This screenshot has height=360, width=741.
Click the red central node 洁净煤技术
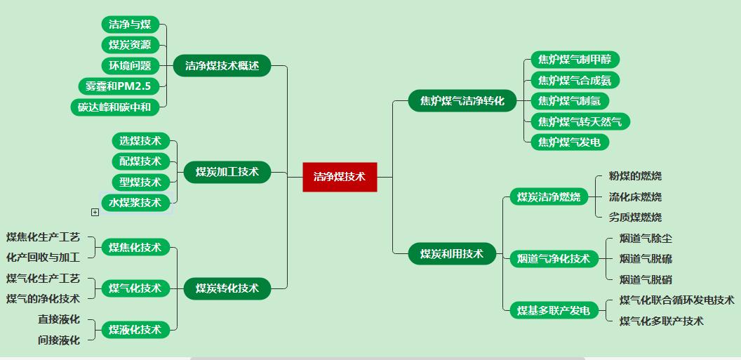click(x=340, y=177)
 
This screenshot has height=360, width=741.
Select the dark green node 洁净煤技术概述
click(x=222, y=66)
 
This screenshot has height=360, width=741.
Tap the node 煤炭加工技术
click(x=227, y=172)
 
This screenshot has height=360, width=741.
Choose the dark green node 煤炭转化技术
click(x=227, y=288)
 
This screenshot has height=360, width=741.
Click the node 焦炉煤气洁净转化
click(x=462, y=101)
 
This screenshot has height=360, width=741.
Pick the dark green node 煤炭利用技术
click(x=452, y=253)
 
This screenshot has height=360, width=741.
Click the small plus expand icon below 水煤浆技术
click(x=95, y=212)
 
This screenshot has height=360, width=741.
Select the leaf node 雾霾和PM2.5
click(x=119, y=86)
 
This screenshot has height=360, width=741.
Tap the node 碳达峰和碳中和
click(x=115, y=107)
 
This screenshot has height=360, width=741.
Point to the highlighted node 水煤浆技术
click(x=135, y=203)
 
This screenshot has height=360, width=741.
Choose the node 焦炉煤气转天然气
click(x=580, y=121)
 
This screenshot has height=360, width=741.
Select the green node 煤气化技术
click(x=135, y=288)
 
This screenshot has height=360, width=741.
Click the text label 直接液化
click(x=59, y=319)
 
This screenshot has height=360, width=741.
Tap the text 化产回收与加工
click(x=44, y=258)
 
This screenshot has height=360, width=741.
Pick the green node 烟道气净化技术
click(x=554, y=259)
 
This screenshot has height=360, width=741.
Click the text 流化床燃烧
click(x=635, y=196)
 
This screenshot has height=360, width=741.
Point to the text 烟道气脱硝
click(x=646, y=279)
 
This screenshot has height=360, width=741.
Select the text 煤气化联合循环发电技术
click(x=676, y=300)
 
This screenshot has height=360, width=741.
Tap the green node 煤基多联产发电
click(x=554, y=310)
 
